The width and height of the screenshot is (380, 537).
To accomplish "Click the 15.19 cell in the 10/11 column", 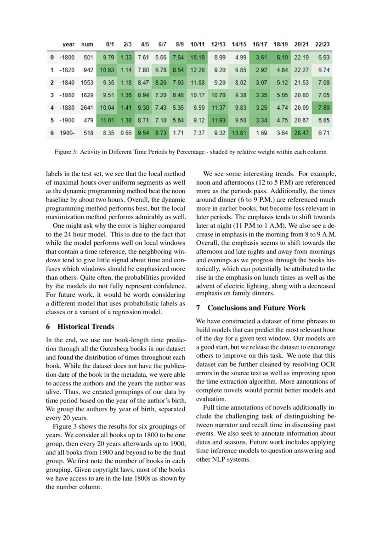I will pos(197,57).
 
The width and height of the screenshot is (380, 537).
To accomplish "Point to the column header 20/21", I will pos(301,45).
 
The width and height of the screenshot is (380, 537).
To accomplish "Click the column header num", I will pos(87,45).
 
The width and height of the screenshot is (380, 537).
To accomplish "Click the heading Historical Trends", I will pos(86,327).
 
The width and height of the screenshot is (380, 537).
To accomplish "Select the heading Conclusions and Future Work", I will pos(256,308).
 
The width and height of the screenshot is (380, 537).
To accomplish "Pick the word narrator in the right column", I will pos(222,425).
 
